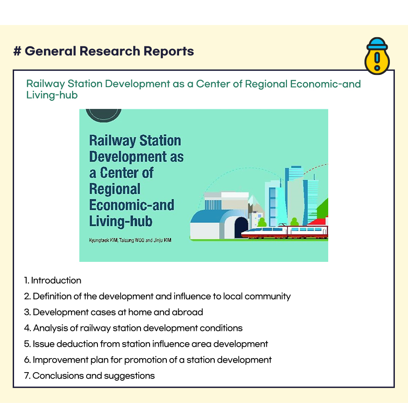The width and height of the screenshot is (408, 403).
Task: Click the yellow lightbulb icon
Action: pos(377,56)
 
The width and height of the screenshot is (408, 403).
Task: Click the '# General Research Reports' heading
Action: pos(103,51)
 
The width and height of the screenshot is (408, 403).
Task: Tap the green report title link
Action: pos(193,89)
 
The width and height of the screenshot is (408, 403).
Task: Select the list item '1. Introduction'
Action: pos(53,280)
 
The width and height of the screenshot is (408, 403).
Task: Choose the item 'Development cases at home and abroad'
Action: pos(113,312)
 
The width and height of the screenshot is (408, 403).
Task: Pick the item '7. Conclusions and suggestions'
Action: pos(89,376)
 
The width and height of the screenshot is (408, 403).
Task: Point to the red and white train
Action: pos(285,231)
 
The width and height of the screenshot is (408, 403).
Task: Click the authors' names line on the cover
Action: pos(130,240)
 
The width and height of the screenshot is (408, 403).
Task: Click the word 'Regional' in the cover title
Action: pos(115,189)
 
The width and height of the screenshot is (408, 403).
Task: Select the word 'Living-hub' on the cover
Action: pos(121,221)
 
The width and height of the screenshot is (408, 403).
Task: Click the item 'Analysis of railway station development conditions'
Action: pos(133,328)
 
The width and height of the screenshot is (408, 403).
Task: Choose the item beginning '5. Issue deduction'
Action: pos(146,344)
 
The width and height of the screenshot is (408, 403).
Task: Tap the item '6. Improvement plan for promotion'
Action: pos(148,360)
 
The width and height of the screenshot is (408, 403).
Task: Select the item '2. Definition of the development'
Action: pos(157,296)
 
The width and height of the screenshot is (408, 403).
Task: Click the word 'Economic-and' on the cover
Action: pos(131,205)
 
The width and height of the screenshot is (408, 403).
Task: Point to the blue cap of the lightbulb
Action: pos(377,43)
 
